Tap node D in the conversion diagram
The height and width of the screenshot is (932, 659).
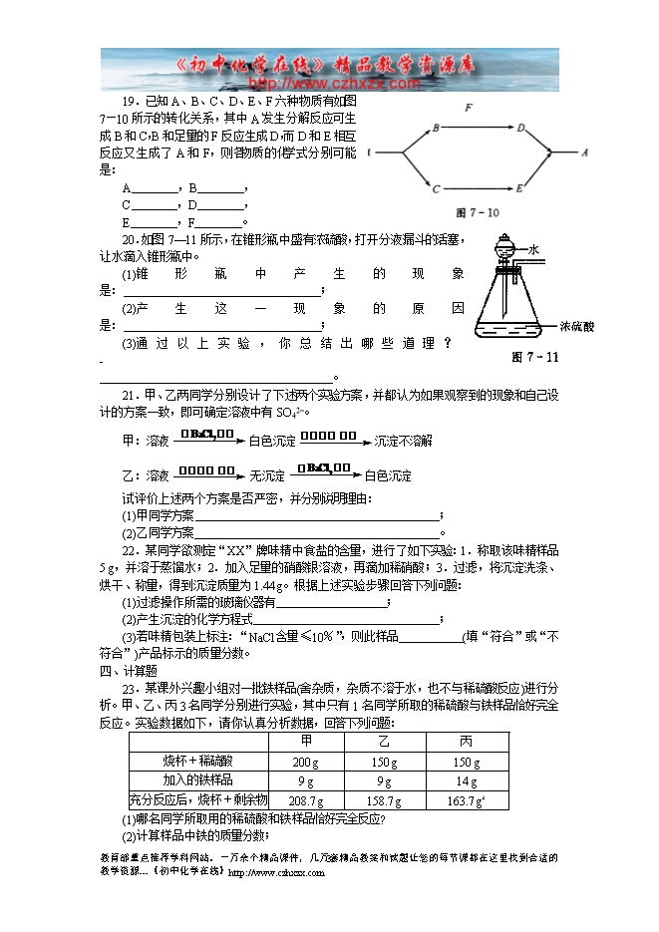[521, 128]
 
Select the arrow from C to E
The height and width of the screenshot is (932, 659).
[479, 186]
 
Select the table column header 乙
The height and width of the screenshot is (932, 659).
[385, 743]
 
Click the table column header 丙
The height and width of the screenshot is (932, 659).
[466, 743]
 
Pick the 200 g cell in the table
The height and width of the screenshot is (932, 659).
[304, 762]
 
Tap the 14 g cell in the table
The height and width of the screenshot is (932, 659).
[466, 780]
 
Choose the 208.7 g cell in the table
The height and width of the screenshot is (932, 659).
[304, 799]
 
